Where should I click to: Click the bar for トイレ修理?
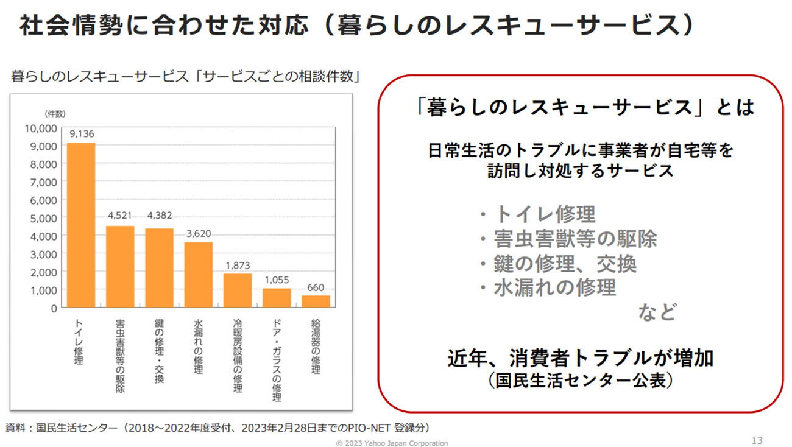(x=81, y=225)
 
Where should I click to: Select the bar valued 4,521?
(x=120, y=267)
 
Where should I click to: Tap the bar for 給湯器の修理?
(x=316, y=301)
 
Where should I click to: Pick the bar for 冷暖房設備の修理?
(x=238, y=290)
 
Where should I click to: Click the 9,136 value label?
(x=81, y=134)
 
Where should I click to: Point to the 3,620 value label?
(x=198, y=233)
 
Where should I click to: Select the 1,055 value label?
(x=277, y=280)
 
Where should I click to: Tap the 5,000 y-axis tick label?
(x=44, y=218)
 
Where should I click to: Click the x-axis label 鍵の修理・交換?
(x=159, y=350)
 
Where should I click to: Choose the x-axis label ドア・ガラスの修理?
(x=277, y=359)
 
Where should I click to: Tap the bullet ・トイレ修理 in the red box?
(x=536, y=214)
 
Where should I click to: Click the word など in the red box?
(x=657, y=312)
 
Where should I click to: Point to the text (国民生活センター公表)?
(x=581, y=381)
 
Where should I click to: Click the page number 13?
(x=757, y=440)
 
